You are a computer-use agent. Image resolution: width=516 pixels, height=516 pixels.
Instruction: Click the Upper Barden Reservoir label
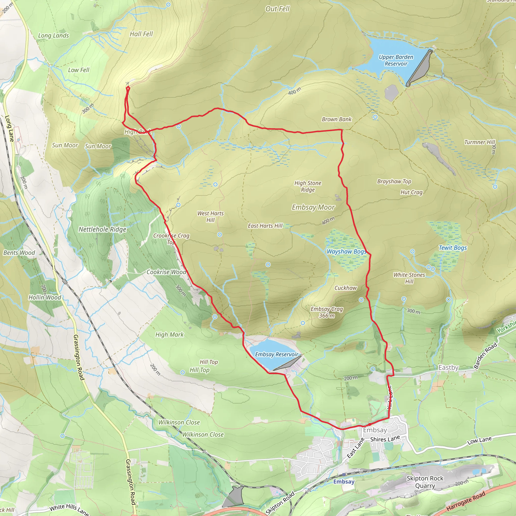coord(396,60)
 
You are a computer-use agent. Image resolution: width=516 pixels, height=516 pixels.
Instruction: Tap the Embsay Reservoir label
coord(276,354)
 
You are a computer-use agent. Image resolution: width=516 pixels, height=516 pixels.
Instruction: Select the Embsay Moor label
coord(313,207)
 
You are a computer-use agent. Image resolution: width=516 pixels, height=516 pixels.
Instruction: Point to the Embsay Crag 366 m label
coord(327,312)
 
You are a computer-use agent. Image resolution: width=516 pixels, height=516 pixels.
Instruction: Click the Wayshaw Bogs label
coord(346,252)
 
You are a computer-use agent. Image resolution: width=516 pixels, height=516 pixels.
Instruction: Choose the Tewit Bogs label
coord(453,248)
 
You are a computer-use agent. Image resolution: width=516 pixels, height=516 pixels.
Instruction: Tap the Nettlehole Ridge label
coord(102,230)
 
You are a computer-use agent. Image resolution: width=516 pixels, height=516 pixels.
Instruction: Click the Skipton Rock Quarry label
coord(425,482)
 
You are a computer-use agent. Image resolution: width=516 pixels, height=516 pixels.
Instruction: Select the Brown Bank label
coord(337,119)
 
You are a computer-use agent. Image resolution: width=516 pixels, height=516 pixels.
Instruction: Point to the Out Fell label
coord(277,9)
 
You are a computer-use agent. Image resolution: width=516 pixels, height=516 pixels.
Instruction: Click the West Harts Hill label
coord(210,217)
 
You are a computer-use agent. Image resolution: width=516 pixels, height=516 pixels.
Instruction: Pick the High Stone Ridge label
coord(308,186)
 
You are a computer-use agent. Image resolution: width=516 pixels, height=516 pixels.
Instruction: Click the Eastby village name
coord(448,368)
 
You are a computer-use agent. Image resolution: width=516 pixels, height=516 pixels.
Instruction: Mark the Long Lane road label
coord(9,128)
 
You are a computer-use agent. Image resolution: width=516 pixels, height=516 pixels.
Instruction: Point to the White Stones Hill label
coord(409,278)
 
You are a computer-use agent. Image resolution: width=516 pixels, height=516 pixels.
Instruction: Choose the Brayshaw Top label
coord(394,182)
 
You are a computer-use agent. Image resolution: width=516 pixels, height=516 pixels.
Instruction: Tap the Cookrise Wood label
coord(166,272)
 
